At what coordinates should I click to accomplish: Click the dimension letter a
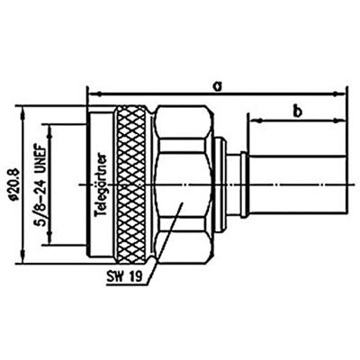217,85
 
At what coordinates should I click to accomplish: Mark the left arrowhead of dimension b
253,120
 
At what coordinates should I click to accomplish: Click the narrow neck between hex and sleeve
236,184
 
